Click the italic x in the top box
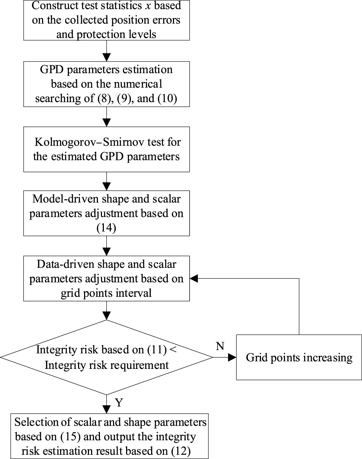pyautogui.click(x=147, y=6)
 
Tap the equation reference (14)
pyautogui.click(x=106, y=228)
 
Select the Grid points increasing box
pyautogui.click(x=299, y=357)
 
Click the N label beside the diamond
pyautogui.click(x=220, y=346)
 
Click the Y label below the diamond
pyautogui.click(x=119, y=402)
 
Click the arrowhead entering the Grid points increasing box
pyautogui.click(x=232, y=357)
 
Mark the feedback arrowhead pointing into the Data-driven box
pyautogui.click(x=194, y=278)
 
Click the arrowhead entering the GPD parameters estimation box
pyautogui.click(x=106, y=58)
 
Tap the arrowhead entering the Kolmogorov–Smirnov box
pyautogui.click(x=106, y=123)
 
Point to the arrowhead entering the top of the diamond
pyautogui.click(x=106, y=316)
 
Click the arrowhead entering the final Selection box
pyautogui.click(x=106, y=410)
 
